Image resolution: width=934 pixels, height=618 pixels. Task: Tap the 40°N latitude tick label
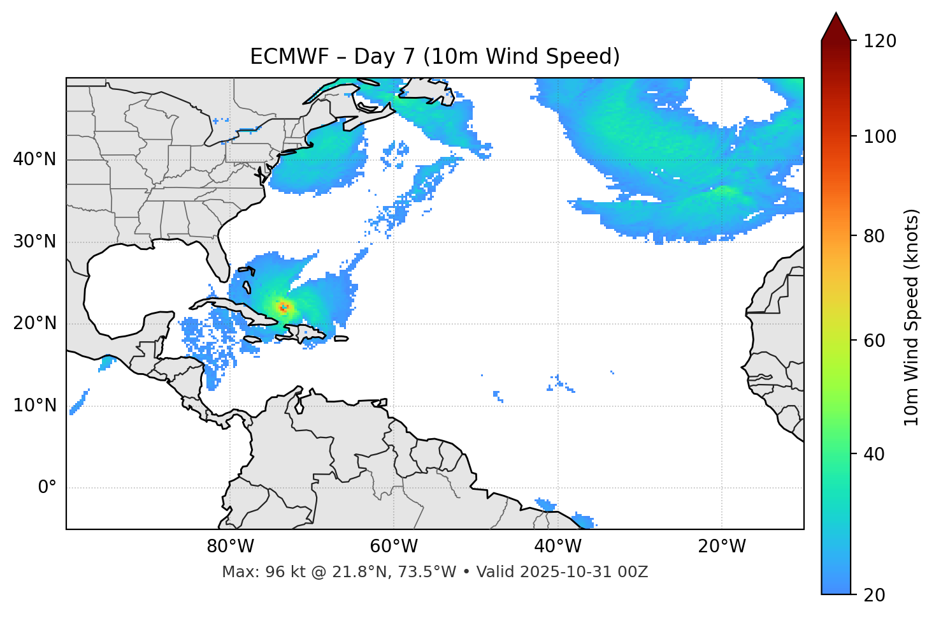34,159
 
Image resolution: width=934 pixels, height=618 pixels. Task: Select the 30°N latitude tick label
34,242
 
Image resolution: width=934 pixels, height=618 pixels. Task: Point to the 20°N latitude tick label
34,323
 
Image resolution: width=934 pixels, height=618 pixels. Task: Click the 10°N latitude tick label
34,406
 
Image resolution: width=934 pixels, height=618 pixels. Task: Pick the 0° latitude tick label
47,488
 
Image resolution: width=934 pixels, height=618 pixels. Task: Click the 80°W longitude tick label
230,547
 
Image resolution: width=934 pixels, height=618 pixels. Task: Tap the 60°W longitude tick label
394,547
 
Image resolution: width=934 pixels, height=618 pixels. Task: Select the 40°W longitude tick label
558,547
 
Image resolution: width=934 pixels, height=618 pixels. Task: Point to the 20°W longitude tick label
722,547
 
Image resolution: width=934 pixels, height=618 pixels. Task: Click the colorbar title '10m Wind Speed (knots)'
912,318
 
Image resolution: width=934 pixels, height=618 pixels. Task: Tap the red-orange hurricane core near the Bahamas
284,307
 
